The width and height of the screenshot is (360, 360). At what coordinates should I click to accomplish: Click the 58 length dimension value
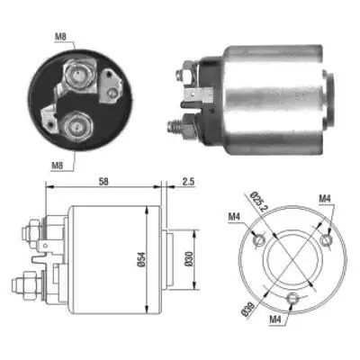[103, 181]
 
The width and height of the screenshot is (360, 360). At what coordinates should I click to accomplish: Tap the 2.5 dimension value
[188, 181]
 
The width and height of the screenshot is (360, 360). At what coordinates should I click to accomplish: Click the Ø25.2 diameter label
[257, 202]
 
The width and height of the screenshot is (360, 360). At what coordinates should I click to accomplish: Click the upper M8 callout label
[60, 37]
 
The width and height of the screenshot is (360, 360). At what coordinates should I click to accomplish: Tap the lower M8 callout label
[57, 166]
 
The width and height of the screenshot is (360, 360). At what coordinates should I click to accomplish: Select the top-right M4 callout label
[325, 198]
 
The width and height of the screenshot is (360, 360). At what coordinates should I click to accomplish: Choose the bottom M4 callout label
[275, 319]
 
